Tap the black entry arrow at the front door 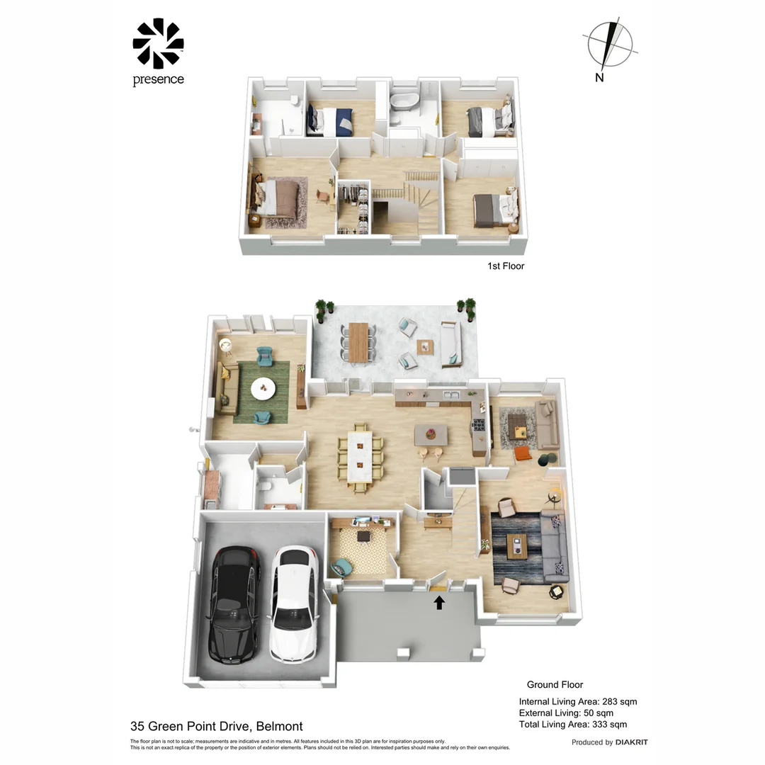[x=439, y=602]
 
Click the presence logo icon [x=158, y=43]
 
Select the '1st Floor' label [x=506, y=266]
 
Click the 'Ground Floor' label [x=555, y=684]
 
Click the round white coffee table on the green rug [x=264, y=387]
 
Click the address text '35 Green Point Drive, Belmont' [x=217, y=726]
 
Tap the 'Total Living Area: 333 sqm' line [x=572, y=724]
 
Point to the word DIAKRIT [x=631, y=742]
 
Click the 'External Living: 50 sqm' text [x=566, y=713]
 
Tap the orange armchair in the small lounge [x=523, y=453]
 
